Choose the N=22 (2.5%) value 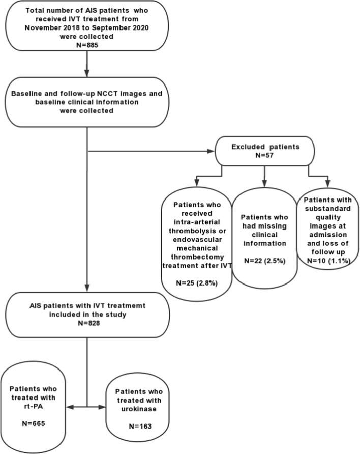click(x=263, y=261)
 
